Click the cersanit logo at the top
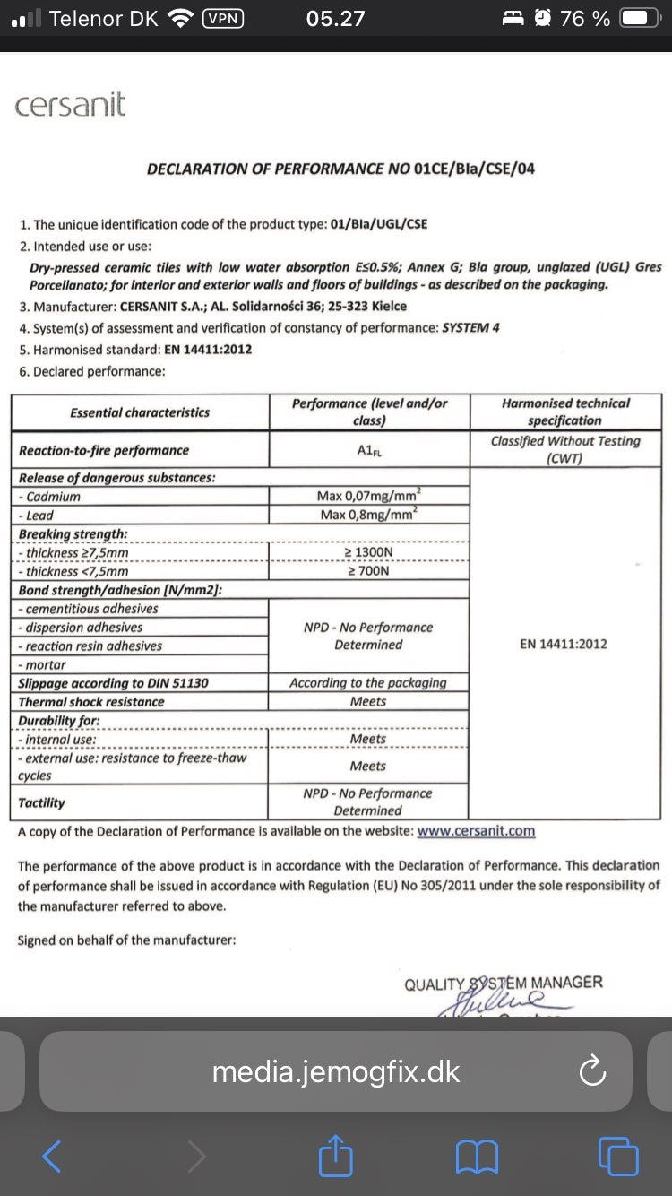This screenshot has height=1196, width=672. point(70,106)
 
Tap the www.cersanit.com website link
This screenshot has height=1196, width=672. point(476,830)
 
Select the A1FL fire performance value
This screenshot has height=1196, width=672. point(368,450)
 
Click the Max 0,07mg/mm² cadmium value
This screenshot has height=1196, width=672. point(368,496)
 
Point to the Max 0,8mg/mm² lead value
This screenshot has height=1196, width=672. point(368,515)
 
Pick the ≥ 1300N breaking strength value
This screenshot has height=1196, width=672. point(368,552)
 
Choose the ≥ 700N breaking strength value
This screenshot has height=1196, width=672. point(368,571)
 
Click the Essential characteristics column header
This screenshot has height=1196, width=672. point(140,412)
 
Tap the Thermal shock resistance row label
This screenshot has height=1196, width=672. point(91,702)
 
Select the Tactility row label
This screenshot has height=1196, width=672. point(42,802)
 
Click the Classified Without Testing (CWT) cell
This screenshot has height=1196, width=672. point(565,449)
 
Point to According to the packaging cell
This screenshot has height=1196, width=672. point(368,683)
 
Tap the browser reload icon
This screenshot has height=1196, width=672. point(592,1071)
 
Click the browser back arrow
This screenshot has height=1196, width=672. point(52,1157)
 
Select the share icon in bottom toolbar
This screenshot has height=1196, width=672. point(334,1156)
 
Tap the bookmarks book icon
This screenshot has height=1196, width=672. point(477,1157)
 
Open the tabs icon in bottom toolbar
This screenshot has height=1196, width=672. point(618,1157)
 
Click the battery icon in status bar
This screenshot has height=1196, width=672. point(639,18)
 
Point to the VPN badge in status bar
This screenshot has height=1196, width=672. point(224,18)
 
